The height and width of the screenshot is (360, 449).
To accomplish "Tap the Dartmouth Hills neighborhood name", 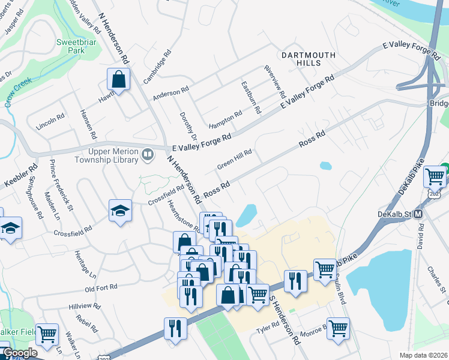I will (x=308, y=59).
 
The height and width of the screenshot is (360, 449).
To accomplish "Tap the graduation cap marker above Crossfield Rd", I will (x=120, y=211).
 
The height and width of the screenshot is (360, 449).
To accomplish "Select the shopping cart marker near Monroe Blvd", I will (x=339, y=328).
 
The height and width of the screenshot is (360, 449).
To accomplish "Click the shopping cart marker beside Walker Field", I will (x=47, y=333).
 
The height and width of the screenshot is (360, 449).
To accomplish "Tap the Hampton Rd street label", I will (x=225, y=120).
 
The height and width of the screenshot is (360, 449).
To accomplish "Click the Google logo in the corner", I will (x=20, y=353).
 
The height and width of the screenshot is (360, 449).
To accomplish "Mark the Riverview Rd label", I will (x=275, y=82).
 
